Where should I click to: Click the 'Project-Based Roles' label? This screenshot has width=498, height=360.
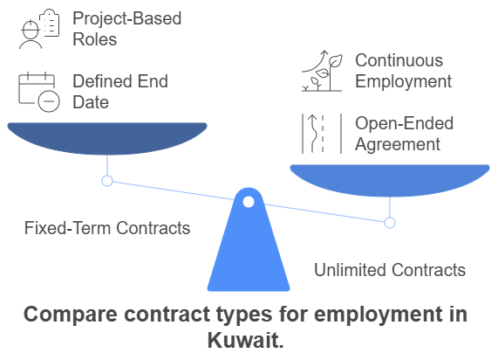[127, 29]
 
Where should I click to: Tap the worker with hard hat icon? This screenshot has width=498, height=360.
[39, 29]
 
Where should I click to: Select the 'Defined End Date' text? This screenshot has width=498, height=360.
[120, 92]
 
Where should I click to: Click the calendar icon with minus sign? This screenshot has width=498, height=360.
[39, 92]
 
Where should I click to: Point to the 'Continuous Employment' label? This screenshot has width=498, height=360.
[403, 71]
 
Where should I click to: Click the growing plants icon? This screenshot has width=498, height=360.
[322, 71]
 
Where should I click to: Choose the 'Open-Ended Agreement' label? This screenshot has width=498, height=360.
[404, 134]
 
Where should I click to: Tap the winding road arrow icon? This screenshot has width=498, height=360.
[322, 134]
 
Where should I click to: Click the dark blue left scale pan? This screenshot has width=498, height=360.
[107, 137]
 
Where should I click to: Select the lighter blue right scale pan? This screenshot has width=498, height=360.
[390, 179]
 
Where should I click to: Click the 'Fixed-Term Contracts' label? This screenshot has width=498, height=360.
[107, 228]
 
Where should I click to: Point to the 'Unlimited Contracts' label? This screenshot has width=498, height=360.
[390, 270]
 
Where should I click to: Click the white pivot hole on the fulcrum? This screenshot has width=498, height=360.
[249, 202]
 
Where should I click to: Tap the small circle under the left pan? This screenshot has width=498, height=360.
[107, 181]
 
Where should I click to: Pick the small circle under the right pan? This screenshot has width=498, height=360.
[390, 223]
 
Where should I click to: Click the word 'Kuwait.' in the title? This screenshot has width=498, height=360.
[245, 340]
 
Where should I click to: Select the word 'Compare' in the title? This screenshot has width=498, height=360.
[71, 315]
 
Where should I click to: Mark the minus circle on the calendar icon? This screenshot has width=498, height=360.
[49, 101]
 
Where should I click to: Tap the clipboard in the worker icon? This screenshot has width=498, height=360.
[49, 23]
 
